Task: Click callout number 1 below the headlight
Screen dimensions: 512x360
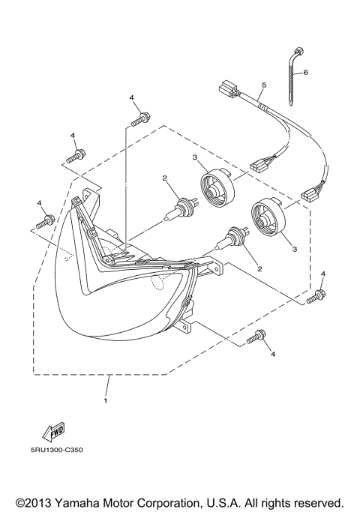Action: (106, 400)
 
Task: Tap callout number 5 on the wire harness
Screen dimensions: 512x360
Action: (264, 85)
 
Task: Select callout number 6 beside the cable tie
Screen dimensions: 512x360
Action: (306, 73)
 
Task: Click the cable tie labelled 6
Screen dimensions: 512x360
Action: (292, 78)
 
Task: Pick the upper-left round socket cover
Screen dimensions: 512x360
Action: (217, 191)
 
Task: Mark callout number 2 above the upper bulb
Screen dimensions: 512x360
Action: (163, 178)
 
